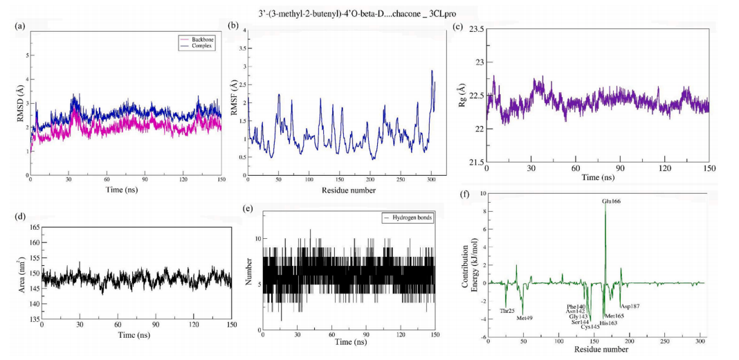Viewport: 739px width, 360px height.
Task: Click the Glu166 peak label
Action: point(611,201)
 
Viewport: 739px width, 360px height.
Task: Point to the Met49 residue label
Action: point(524,318)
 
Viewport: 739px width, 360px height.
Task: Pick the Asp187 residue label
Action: point(630,305)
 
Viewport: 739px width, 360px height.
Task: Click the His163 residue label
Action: point(610,323)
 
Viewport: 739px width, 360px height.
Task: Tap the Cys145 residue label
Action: point(590,326)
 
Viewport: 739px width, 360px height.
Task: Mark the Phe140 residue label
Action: point(576,306)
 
